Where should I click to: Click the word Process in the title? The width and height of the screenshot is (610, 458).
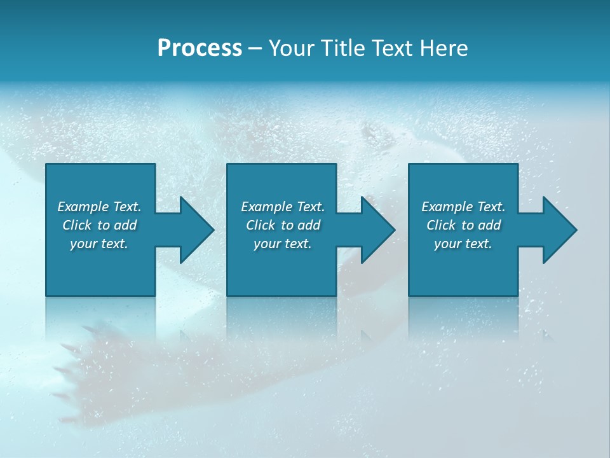[x=200, y=48]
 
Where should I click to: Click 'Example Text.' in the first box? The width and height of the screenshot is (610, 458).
[x=99, y=207]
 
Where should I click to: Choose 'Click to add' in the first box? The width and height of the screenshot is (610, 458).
[x=99, y=225]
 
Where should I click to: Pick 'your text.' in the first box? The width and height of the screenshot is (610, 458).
[x=99, y=244]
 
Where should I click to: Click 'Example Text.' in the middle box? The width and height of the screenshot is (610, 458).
[x=283, y=207]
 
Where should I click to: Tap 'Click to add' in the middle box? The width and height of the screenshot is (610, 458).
[x=283, y=225]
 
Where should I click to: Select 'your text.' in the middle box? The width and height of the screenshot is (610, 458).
[x=283, y=244]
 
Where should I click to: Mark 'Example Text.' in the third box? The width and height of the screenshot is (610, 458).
[x=463, y=207]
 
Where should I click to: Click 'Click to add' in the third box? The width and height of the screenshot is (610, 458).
[x=463, y=225]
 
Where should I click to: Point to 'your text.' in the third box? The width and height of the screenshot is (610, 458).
[x=463, y=244]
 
